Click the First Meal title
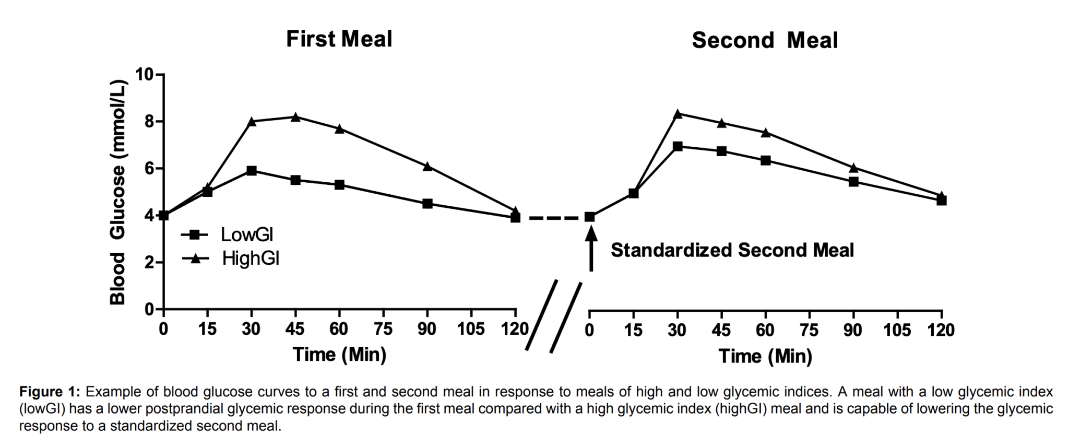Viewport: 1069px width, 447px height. (x=339, y=39)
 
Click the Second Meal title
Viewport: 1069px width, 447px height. (x=764, y=40)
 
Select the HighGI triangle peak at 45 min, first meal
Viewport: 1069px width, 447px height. (x=295, y=117)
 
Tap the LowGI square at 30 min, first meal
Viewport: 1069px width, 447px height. (x=252, y=171)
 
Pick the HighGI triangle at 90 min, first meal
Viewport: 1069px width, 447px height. (x=427, y=167)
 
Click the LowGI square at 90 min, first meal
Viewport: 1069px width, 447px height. (x=427, y=204)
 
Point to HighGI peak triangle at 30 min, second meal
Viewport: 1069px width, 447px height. (x=678, y=114)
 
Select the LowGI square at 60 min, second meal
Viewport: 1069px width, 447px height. (x=766, y=160)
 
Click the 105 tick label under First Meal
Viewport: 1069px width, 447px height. (x=471, y=330)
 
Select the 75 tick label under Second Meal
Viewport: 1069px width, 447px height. (x=810, y=330)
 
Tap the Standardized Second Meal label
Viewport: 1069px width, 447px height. (x=732, y=250)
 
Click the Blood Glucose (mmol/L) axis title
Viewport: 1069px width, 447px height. (x=118, y=192)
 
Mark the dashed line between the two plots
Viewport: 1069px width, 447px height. (x=552, y=217)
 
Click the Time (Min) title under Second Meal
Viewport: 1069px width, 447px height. (x=765, y=356)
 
